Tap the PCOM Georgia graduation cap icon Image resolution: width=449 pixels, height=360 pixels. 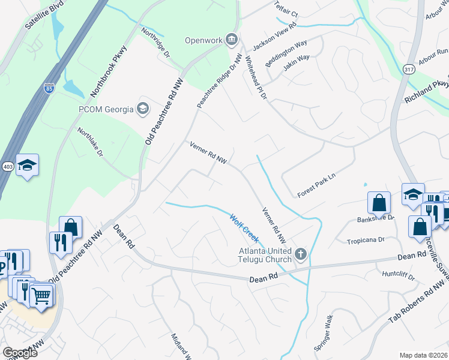143,109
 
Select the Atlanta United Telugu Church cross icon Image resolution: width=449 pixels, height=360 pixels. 301,254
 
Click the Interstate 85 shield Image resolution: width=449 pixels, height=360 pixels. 48,89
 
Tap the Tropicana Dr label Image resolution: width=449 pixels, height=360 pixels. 365,240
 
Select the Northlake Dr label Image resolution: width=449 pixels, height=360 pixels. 91,142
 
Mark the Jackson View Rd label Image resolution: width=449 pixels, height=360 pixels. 274,37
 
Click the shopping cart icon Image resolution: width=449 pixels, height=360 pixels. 41,295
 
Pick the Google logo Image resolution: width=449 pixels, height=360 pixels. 20,352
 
